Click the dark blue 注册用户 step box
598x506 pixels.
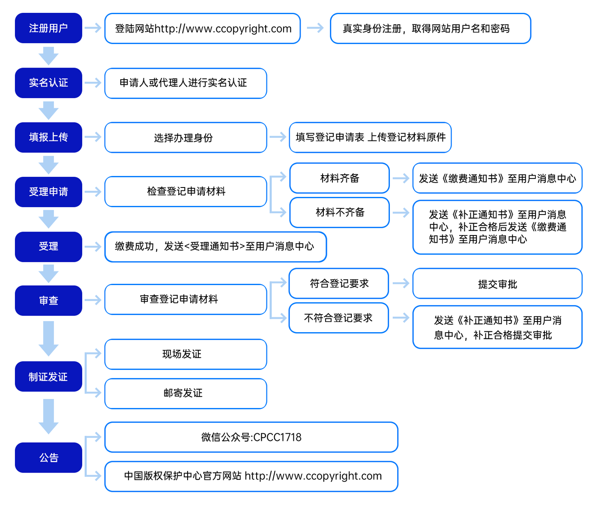[x=48, y=28]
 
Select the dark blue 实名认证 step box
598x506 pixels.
[x=48, y=83]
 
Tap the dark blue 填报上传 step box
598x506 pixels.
[x=48, y=137]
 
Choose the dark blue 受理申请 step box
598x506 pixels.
[x=48, y=192]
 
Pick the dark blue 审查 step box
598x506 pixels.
[x=48, y=301]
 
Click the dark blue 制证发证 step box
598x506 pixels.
[x=48, y=376]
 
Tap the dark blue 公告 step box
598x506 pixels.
[x=48, y=458]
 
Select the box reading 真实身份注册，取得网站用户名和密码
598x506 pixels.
[x=431, y=28]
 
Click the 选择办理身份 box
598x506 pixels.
[x=186, y=137]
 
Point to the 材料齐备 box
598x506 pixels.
[x=340, y=178]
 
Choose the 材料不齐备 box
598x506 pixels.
[x=340, y=212]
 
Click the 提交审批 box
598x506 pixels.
[x=497, y=284]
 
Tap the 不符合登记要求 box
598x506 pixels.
[x=339, y=318]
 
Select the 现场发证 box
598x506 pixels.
[x=186, y=354]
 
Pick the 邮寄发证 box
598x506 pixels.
[x=186, y=393]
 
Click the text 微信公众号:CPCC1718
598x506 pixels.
[x=251, y=437]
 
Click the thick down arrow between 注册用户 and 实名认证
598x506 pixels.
[x=48, y=56]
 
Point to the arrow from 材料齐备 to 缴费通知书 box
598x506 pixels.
[x=401, y=178]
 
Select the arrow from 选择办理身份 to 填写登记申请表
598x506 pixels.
[x=278, y=137]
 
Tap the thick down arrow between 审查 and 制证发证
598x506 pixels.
[x=48, y=339]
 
